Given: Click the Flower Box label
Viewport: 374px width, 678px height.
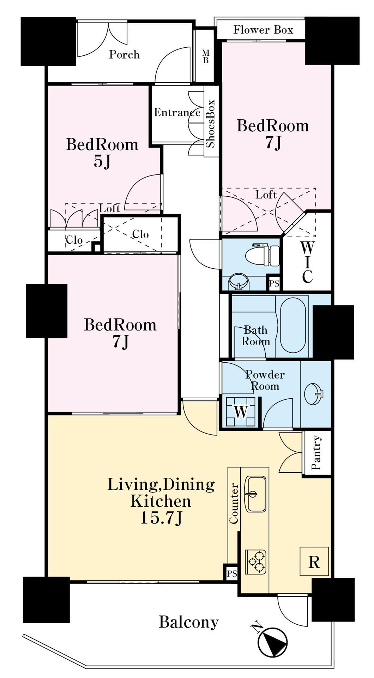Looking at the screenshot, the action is [x=263, y=30].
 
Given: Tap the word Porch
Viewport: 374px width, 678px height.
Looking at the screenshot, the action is [x=124, y=54].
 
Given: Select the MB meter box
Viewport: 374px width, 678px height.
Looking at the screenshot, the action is [x=205, y=56].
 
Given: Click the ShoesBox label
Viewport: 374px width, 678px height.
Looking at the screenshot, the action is [x=211, y=124].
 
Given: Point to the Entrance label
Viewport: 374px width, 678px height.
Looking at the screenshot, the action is [x=177, y=112].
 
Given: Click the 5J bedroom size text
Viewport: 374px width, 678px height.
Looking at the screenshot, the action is [x=102, y=162].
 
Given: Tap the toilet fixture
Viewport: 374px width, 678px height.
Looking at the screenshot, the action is [x=262, y=255].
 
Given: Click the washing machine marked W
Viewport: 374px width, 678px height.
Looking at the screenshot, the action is [x=241, y=411].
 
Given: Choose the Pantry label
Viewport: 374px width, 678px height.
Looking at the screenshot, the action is [x=316, y=453].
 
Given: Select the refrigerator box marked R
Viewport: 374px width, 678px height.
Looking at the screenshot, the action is [x=314, y=561].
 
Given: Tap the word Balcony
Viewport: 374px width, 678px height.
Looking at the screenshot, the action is [x=189, y=622].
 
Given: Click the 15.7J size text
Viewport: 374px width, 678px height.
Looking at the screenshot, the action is [x=161, y=518].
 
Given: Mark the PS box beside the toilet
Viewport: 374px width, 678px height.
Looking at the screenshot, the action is [x=274, y=283].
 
